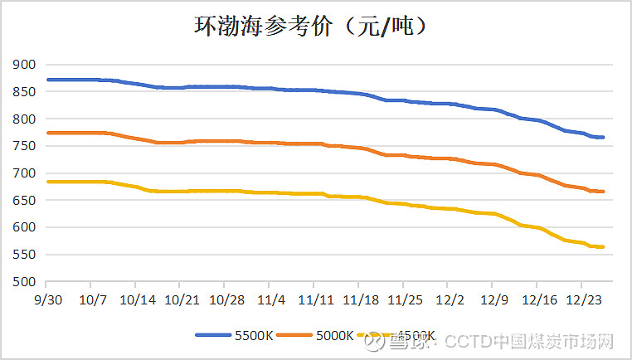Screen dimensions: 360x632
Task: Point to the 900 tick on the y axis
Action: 24,65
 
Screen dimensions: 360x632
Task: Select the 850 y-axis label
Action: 24,92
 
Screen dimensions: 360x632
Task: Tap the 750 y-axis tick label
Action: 24,146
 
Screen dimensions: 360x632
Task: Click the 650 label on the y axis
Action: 24,201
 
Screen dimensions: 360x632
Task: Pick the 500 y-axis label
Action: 24,282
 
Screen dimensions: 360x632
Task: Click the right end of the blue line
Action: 604,137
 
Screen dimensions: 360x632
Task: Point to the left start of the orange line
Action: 48,133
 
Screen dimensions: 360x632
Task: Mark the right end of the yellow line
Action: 604,246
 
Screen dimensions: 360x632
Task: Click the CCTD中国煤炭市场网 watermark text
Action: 527,341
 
